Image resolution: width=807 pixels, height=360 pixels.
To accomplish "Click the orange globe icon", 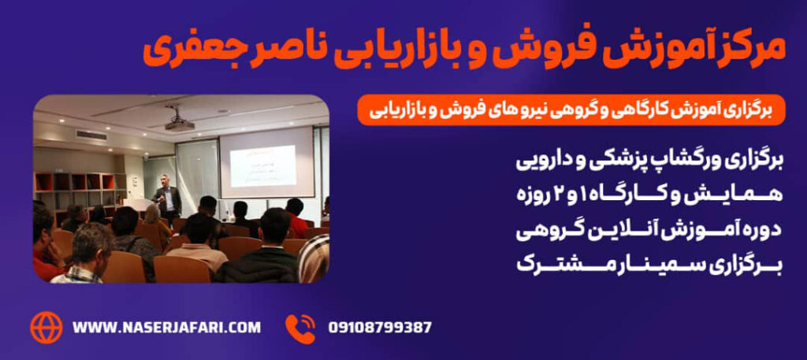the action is [46, 328].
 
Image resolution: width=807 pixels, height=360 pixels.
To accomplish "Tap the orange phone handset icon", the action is [299, 328].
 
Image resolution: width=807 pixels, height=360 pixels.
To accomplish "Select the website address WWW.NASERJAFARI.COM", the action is [167, 327].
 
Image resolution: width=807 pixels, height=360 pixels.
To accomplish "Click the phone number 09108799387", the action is [380, 328].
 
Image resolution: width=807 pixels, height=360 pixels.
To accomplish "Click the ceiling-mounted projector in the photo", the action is [179, 124].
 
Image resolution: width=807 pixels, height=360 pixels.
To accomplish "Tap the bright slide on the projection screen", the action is [262, 165].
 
